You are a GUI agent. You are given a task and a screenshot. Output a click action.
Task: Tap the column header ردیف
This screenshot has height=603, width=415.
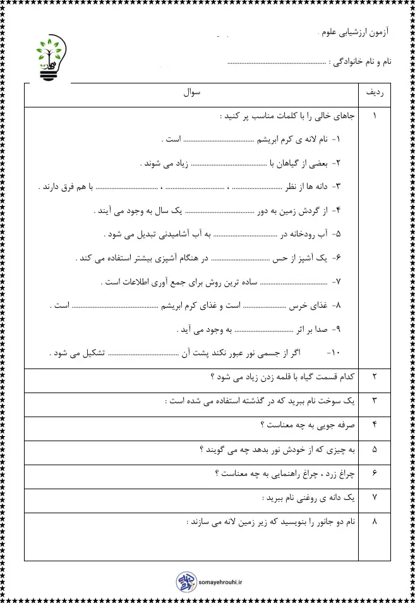coord(375,93)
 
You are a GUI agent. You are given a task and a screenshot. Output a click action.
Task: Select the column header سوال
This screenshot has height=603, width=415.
coord(191,93)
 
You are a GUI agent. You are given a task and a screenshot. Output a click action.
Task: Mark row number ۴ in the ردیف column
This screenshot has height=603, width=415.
coord(375,425)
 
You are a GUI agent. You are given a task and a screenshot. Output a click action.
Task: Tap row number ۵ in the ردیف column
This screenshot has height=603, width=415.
coord(375,449)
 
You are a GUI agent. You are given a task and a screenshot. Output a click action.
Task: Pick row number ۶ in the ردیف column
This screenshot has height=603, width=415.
coord(375,473)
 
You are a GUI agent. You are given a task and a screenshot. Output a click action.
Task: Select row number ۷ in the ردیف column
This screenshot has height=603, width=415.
coord(375,497)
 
